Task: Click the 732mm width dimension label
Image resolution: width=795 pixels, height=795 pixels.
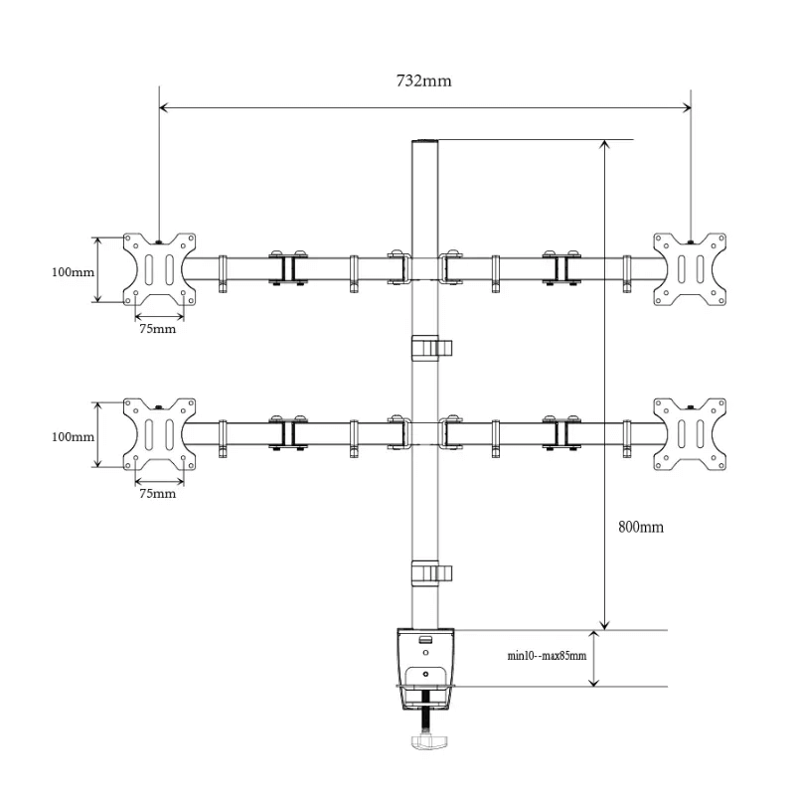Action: click(x=424, y=81)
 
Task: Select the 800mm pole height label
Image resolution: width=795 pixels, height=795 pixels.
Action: click(x=641, y=528)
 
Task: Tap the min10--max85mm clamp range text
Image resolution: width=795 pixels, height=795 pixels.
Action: click(x=548, y=656)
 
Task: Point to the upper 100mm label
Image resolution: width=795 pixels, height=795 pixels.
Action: click(x=73, y=272)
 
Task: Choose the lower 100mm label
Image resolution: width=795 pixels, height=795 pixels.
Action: click(x=73, y=436)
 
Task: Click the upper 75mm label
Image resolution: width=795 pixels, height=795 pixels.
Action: click(x=158, y=329)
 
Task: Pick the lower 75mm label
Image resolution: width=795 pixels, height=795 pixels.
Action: click(x=158, y=494)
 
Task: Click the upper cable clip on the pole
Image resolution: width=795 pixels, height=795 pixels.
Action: click(x=431, y=348)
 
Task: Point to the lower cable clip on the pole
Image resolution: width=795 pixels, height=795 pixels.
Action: click(x=431, y=573)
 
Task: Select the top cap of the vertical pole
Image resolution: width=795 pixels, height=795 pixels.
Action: click(x=424, y=141)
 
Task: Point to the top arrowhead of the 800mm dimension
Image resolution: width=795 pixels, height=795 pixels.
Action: click(x=604, y=143)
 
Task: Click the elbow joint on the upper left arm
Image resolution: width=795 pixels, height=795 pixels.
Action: click(x=288, y=267)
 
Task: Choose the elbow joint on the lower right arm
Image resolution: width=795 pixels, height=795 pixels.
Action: click(x=561, y=432)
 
